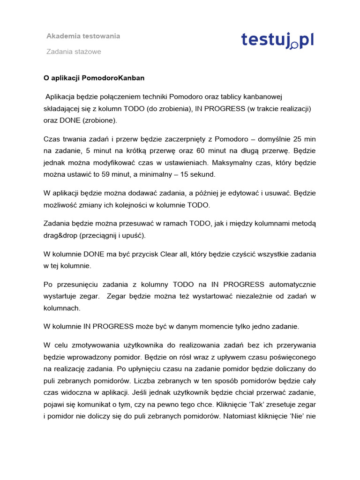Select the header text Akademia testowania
coord(83,36)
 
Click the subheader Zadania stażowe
coord(74,52)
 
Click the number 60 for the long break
coord(226,151)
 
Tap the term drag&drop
coord(63,235)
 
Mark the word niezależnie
coord(253,296)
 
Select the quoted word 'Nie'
coord(299,416)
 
